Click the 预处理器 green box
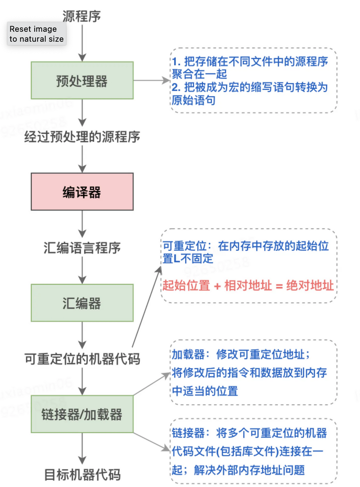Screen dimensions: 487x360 click(x=82, y=80)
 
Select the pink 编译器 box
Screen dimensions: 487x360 click(x=82, y=192)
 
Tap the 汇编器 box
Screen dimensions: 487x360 click(x=82, y=303)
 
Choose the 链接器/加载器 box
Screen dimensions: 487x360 click(x=82, y=414)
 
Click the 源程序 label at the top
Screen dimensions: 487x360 click(x=82, y=16)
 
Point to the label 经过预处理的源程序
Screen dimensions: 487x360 click(x=82, y=137)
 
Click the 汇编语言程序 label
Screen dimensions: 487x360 click(x=82, y=248)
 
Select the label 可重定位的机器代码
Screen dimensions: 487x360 click(x=82, y=359)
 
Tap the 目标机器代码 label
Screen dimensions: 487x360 click(x=82, y=475)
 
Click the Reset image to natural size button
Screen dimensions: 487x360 click(x=37, y=34)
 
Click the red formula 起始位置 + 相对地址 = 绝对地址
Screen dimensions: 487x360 click(x=248, y=286)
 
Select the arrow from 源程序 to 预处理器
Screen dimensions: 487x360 click(x=82, y=42)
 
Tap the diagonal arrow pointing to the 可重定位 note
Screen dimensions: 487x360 click(x=146, y=306)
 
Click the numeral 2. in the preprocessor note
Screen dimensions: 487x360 click(x=176, y=87)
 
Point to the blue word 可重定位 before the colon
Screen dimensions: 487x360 click(x=185, y=246)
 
